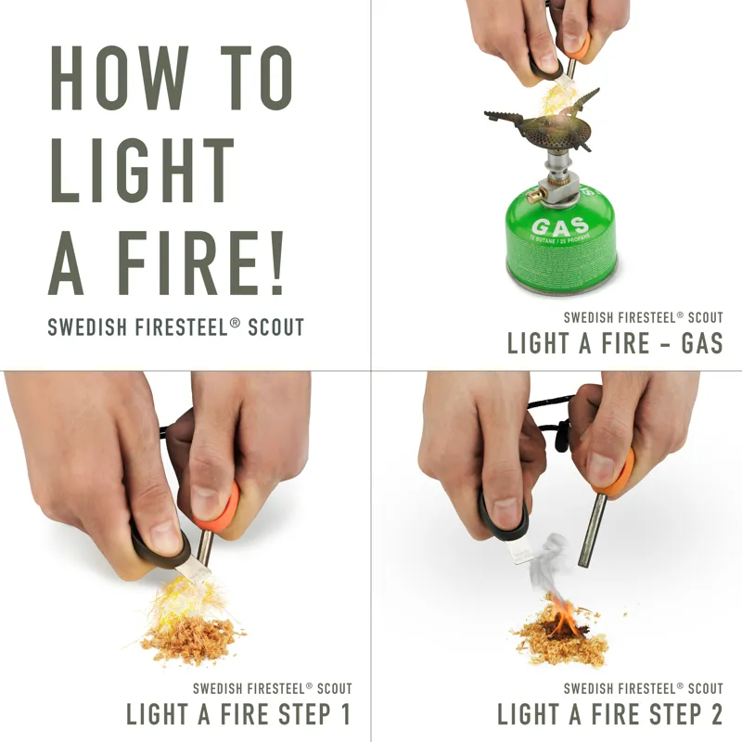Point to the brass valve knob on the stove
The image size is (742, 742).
tap(533, 195)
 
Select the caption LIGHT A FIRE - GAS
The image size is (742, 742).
tap(614, 343)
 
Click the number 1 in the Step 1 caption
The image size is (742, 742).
tap(345, 714)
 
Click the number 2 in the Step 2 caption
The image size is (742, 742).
tap(714, 714)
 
